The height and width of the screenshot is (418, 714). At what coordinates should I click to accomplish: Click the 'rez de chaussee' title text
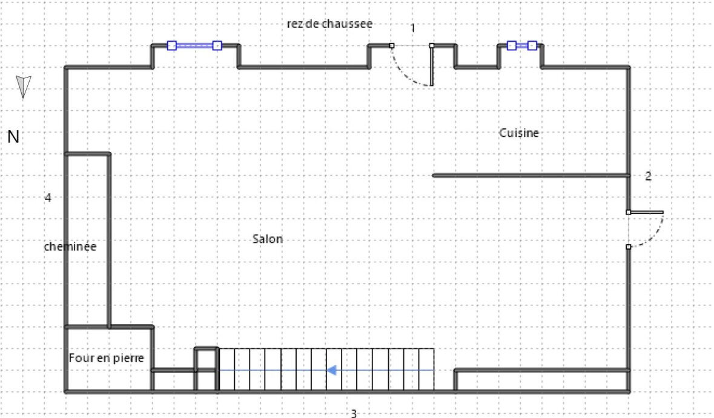329,24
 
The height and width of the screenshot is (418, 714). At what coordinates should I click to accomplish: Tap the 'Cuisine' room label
519,133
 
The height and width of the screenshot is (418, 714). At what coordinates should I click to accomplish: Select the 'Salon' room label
268,239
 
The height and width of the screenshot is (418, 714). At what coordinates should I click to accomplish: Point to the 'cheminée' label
70,247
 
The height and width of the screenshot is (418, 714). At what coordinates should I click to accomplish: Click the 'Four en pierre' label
107,358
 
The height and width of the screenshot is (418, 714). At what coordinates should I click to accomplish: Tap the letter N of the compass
13,136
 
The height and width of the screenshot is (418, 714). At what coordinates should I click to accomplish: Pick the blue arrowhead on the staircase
331,370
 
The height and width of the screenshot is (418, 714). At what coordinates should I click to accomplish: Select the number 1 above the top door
412,28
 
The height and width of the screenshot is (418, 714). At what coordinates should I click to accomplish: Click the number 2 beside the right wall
649,176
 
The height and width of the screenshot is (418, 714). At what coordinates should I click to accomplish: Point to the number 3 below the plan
354,413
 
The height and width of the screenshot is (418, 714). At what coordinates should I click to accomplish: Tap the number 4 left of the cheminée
48,197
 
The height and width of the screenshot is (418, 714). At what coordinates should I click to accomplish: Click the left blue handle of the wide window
171,45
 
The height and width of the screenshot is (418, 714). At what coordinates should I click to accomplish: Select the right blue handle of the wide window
217,45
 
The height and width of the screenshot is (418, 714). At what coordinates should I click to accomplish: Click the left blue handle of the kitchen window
511,45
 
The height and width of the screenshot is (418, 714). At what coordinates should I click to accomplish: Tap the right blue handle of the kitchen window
532,45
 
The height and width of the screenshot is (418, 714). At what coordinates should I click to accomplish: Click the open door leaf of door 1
432,65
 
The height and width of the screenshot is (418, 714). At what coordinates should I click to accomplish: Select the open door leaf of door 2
646,212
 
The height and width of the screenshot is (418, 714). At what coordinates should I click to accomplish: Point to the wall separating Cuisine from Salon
531,175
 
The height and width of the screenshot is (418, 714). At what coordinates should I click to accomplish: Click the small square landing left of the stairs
207,359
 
